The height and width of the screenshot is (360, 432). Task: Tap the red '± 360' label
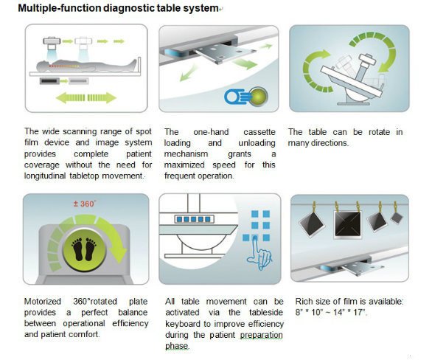pos(84,204)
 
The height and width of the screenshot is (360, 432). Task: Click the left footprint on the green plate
pos(77,249)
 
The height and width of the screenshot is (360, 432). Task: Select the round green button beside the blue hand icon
pos(258,97)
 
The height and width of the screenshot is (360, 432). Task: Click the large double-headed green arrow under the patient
pos(86,98)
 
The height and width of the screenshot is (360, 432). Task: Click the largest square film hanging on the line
pos(347,224)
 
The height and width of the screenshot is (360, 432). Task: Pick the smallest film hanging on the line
pos(397,218)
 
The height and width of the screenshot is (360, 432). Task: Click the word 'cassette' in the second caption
pos(259,132)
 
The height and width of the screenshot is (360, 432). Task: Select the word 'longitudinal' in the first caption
pos(45,176)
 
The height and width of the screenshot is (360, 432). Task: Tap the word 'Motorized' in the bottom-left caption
pos(43,301)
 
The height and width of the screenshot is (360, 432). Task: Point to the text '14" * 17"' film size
pos(350,313)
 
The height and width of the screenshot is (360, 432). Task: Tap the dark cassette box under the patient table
pos(49,81)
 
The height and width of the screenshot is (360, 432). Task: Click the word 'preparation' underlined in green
pos(261,335)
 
